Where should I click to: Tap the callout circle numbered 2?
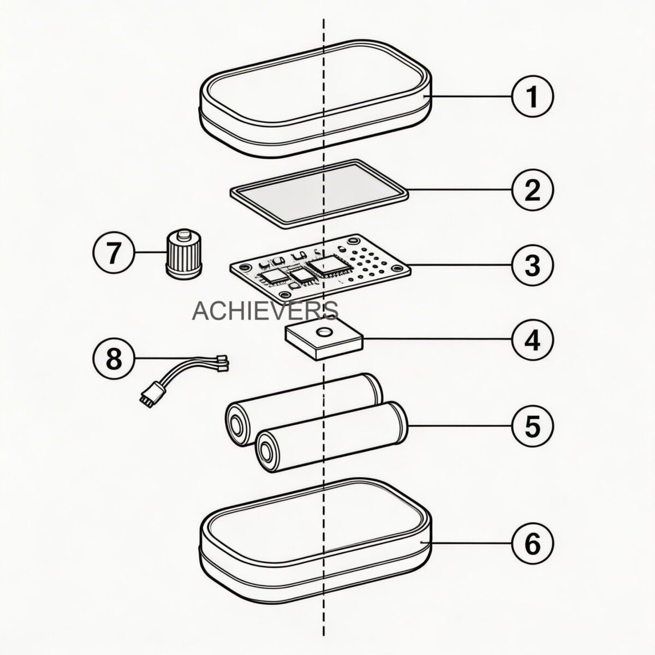click(532, 190)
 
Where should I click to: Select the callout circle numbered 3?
click(532, 265)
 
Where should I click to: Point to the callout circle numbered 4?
click(532, 339)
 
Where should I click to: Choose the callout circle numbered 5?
click(532, 426)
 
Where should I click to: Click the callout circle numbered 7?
click(113, 253)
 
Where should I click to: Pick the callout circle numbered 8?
click(113, 358)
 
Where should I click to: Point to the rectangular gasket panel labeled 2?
click(319, 193)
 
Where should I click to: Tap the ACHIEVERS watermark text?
click(265, 311)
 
